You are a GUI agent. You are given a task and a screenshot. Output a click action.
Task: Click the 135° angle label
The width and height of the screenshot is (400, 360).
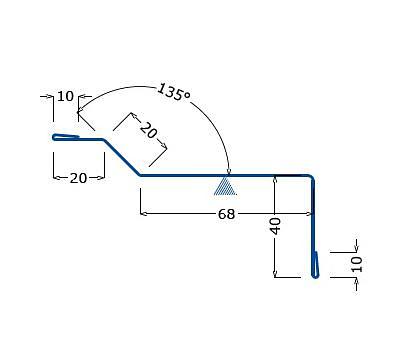pyautogui.click(x=173, y=93)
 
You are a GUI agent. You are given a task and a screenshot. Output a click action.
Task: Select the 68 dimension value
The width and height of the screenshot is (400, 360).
pyautogui.click(x=226, y=214)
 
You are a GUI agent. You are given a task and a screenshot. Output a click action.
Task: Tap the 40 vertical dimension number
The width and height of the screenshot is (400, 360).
pyautogui.click(x=276, y=226)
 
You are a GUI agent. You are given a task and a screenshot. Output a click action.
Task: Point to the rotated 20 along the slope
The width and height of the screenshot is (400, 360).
pyautogui.click(x=148, y=130)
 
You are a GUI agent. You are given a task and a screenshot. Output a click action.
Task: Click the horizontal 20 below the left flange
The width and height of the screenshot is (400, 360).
pyautogui.click(x=78, y=178)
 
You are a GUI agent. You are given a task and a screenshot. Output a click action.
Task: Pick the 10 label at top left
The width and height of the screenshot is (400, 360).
pyautogui.click(x=65, y=96)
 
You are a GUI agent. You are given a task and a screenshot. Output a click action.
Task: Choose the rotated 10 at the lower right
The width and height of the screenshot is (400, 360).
pyautogui.click(x=357, y=264)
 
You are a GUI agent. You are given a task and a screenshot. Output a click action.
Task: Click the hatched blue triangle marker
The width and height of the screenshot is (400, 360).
pyautogui.click(x=225, y=186)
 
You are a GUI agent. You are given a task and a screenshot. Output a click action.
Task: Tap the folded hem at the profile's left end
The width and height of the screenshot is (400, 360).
pyautogui.click(x=66, y=137)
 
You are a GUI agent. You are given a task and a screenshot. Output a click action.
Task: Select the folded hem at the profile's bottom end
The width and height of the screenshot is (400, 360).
pyautogui.click(x=315, y=265)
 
